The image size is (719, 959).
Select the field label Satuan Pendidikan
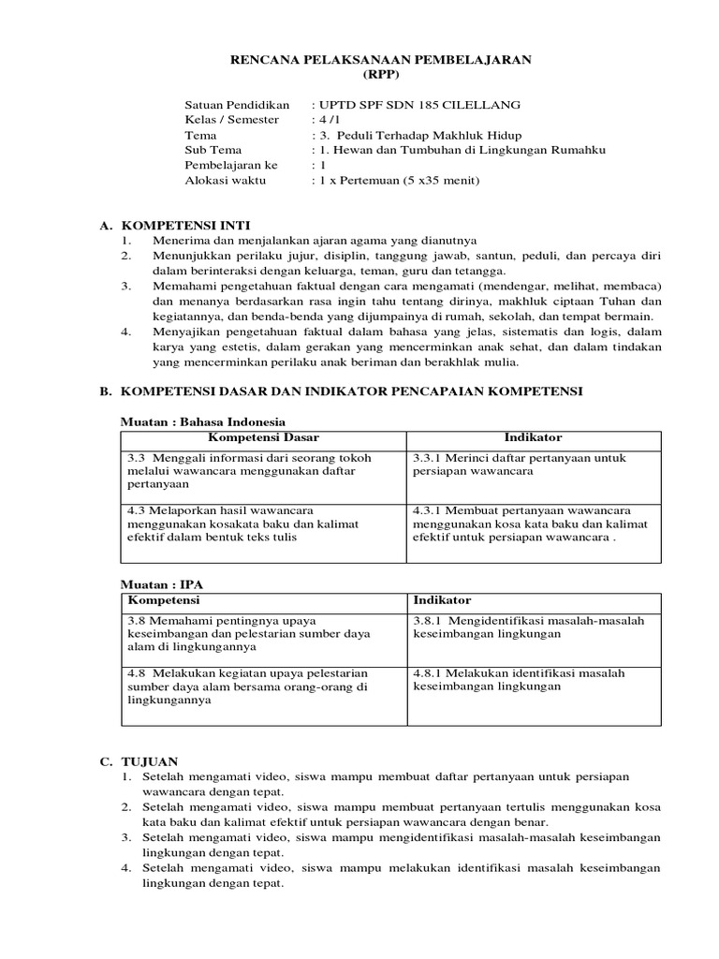click(238, 104)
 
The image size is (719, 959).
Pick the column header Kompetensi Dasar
click(263, 438)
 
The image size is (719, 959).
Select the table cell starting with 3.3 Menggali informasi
click(249, 471)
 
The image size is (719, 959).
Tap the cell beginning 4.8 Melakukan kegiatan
click(248, 686)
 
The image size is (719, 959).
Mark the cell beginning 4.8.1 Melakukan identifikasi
click(520, 680)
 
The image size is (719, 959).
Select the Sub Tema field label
click(213, 150)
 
